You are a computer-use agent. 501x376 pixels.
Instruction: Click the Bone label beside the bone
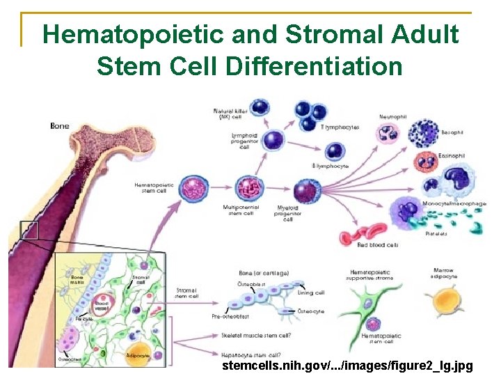tap(60, 126)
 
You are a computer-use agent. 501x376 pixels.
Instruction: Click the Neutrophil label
tap(394, 116)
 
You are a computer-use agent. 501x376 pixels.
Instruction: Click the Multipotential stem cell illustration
tap(247, 189)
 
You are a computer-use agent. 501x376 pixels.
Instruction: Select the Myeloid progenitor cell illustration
tap(305, 191)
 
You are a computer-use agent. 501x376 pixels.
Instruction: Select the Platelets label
tap(436, 234)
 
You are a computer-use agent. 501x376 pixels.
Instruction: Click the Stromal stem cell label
tap(187, 293)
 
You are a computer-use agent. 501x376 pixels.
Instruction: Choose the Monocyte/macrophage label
tap(454, 203)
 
